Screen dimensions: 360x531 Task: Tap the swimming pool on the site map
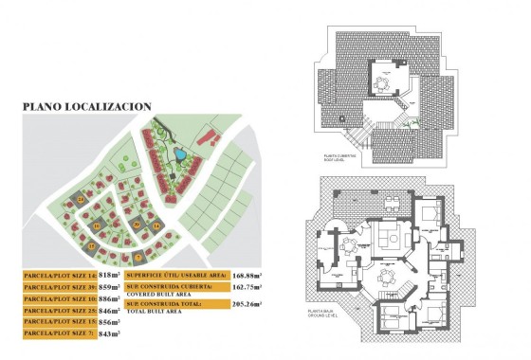click(177, 153)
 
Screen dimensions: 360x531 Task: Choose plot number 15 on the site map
click(92, 246)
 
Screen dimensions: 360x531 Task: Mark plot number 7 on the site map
click(137, 256)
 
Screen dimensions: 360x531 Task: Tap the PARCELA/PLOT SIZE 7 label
click(59, 333)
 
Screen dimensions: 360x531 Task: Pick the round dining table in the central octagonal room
click(383, 276)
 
